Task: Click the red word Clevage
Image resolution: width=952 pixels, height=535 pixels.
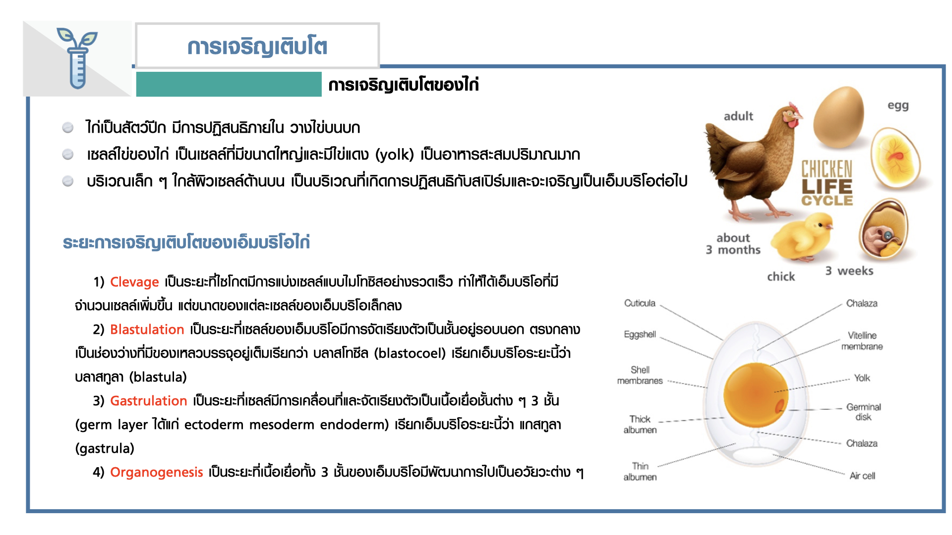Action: (x=134, y=282)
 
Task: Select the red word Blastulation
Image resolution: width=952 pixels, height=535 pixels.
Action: (x=147, y=329)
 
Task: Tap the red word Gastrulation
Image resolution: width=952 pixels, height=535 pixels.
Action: (x=148, y=401)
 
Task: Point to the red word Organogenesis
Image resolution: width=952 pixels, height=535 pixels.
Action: (x=156, y=473)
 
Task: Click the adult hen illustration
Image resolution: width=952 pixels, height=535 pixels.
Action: (x=754, y=161)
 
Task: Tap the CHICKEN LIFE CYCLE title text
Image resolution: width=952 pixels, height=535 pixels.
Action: (x=827, y=183)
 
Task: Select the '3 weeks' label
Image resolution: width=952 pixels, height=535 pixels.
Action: (x=849, y=271)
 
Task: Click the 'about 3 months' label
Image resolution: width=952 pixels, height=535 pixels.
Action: (x=733, y=244)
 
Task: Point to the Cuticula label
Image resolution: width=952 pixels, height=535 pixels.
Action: (x=640, y=303)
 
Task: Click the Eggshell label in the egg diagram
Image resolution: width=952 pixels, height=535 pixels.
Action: (x=640, y=334)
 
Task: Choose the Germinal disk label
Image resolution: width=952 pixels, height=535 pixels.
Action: (x=863, y=412)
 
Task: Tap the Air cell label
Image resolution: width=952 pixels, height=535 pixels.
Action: (x=862, y=476)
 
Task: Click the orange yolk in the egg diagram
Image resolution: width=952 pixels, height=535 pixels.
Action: (x=756, y=395)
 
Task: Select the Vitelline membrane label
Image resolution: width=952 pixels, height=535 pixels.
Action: (x=862, y=341)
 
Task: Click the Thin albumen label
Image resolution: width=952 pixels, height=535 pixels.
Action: (x=640, y=472)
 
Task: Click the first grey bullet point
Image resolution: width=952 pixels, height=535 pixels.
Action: (x=68, y=128)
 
